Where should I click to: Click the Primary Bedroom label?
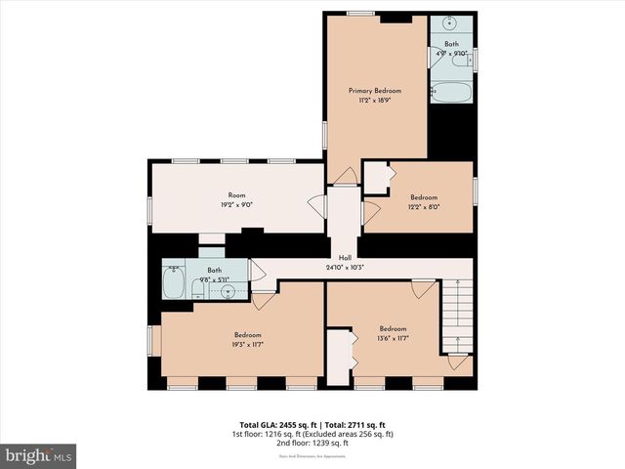(375, 91)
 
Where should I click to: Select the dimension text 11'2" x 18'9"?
(375, 100)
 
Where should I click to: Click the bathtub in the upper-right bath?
(450, 94)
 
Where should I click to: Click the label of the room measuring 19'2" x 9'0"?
(236, 195)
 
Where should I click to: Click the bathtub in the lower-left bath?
(174, 284)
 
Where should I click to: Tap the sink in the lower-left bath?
(227, 290)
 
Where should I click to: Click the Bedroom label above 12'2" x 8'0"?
(424, 197)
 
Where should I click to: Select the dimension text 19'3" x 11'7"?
(247, 344)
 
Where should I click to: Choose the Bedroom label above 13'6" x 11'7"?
(393, 328)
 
